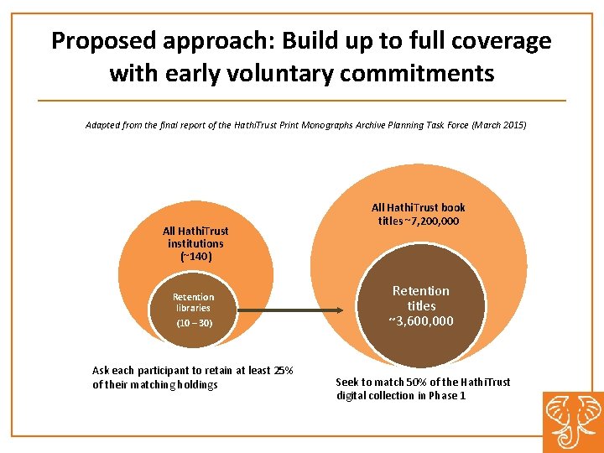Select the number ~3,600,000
click(421, 321)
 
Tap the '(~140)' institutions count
click(195, 256)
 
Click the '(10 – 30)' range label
click(194, 323)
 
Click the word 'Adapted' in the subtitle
click(103, 125)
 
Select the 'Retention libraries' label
click(193, 302)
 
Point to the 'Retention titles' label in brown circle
click(421, 299)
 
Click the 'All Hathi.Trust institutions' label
click(195, 237)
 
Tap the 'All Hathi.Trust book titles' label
click(419, 214)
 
